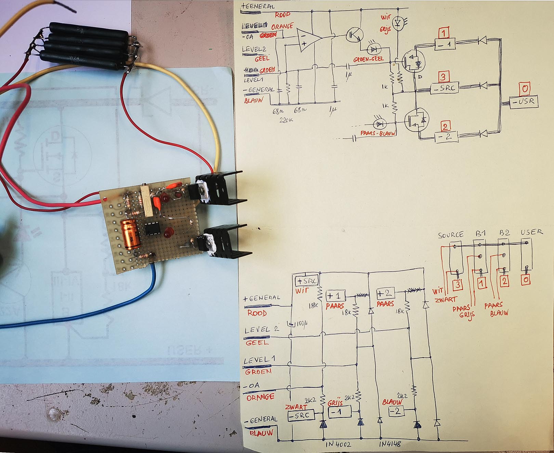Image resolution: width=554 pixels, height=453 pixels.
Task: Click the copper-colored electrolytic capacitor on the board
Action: pyautogui.click(x=130, y=234)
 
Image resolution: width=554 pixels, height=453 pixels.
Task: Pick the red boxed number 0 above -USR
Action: pyautogui.click(x=524, y=88)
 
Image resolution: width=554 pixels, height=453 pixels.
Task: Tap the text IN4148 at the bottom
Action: pyautogui.click(x=390, y=444)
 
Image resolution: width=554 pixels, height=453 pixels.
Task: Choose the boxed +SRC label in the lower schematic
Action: pyautogui.click(x=306, y=281)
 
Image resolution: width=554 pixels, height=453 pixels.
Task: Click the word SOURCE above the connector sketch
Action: pyautogui.click(x=451, y=235)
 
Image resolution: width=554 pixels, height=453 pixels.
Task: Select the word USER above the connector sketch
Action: pyautogui.click(x=531, y=232)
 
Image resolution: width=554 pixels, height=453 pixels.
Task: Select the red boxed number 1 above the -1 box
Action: pyautogui.click(x=444, y=33)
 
